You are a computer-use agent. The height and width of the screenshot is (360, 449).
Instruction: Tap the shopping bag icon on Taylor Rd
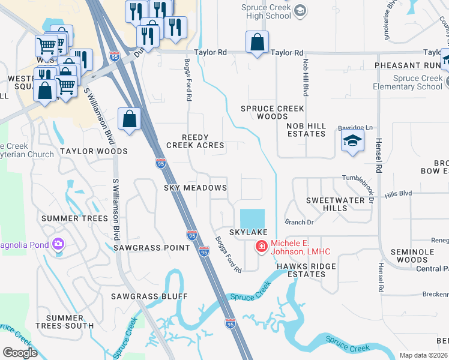pyautogui.click(x=257, y=43)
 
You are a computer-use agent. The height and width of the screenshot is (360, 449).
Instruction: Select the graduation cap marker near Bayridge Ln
pyautogui.click(x=352, y=142)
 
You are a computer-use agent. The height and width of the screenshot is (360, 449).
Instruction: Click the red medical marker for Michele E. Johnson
pyautogui.click(x=261, y=246)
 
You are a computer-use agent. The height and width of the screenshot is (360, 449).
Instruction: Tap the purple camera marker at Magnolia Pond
pyautogui.click(x=58, y=244)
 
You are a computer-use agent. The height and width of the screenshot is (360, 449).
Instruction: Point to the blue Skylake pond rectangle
pyautogui.click(x=252, y=217)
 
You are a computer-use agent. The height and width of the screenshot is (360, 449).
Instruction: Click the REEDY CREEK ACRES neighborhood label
pyautogui.click(x=194, y=141)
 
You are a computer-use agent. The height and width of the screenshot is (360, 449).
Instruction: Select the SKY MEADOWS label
pyautogui.click(x=195, y=188)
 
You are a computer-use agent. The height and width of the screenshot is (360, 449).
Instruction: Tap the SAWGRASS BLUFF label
pyautogui.click(x=149, y=296)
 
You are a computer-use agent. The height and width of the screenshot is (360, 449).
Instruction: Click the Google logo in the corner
pyautogui.click(x=20, y=353)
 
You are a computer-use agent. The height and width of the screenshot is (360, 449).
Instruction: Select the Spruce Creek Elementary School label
pyautogui.click(x=418, y=82)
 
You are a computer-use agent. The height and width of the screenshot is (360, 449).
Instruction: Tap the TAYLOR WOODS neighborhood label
pyautogui.click(x=93, y=151)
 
